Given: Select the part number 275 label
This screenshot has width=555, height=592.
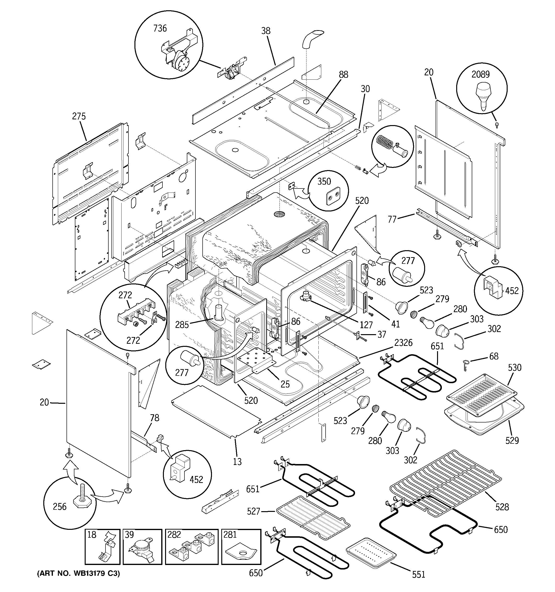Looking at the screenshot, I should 79,116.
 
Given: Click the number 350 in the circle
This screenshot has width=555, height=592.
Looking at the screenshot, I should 324,181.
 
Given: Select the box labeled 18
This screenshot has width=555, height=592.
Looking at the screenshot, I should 102,547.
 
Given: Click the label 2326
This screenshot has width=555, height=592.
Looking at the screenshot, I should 403,343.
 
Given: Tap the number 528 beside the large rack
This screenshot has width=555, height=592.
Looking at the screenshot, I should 502,507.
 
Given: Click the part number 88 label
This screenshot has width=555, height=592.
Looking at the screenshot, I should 343,74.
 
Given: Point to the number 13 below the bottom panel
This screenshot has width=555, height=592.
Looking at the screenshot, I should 237,462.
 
